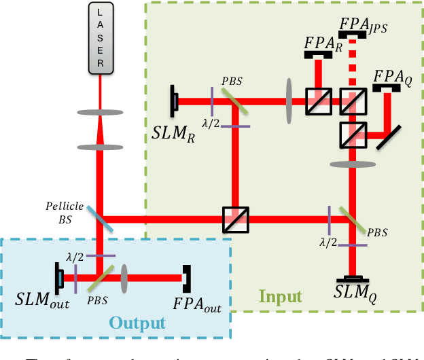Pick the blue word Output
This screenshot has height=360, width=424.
click(137, 322)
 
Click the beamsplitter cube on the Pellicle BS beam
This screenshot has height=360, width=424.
click(236, 219)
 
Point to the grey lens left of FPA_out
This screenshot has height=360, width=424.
click(125, 277)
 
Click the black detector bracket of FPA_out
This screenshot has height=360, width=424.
click(186, 277)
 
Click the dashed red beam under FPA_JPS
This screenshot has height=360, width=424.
click(352, 65)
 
